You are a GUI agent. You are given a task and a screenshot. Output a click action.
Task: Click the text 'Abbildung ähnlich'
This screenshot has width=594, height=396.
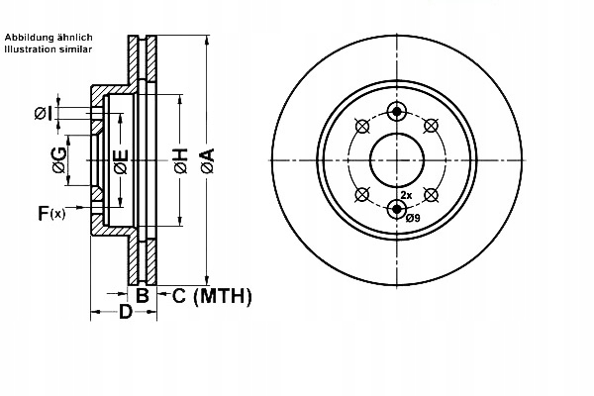click(x=49, y=38)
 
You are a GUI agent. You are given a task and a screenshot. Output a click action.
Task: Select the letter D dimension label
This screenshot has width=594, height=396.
click(x=125, y=314)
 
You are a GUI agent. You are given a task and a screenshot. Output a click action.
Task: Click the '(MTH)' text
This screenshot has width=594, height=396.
click(x=222, y=295)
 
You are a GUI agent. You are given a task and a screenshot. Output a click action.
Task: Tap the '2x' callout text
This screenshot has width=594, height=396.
click(x=406, y=196)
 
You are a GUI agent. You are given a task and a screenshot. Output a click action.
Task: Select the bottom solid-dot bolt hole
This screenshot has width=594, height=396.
click(x=397, y=208)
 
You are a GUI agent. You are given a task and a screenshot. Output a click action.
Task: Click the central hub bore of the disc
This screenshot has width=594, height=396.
click(x=397, y=159)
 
